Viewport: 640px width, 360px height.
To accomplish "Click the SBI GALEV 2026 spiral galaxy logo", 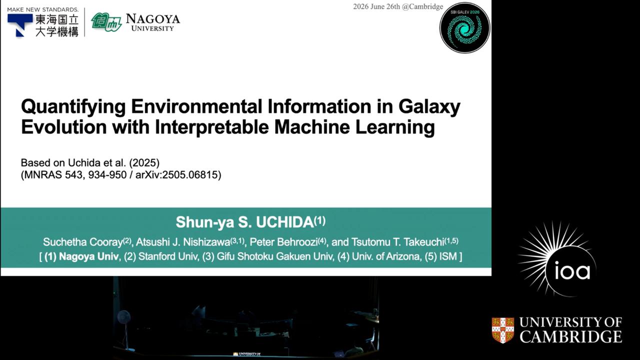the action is coord(465,27).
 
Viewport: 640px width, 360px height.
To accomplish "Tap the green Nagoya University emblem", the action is coord(106,22).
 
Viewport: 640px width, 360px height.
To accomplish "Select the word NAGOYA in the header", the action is coord(153,19).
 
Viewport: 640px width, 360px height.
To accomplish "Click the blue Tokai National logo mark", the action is coord(19,25).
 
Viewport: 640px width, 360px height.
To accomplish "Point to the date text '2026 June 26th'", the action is coord(376,6).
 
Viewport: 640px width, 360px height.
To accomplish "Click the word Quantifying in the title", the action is coord(73,107).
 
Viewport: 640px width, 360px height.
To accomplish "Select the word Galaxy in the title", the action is coord(429,107).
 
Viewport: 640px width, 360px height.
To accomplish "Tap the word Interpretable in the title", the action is coord(211,127).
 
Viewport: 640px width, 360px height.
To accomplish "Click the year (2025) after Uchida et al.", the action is coord(144,162).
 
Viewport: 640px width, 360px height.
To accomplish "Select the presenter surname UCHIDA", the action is coord(285,222).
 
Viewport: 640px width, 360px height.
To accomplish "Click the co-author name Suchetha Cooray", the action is coord(83,242).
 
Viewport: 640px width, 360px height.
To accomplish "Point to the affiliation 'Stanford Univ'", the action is coord(168,256).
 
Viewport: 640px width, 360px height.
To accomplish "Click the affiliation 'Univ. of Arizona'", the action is coord(386,256).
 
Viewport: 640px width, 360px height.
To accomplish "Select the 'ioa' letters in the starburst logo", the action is coord(572,271).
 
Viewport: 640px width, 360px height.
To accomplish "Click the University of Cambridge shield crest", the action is coord(503,330).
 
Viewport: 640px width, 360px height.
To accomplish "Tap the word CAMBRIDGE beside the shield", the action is coord(571,337).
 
